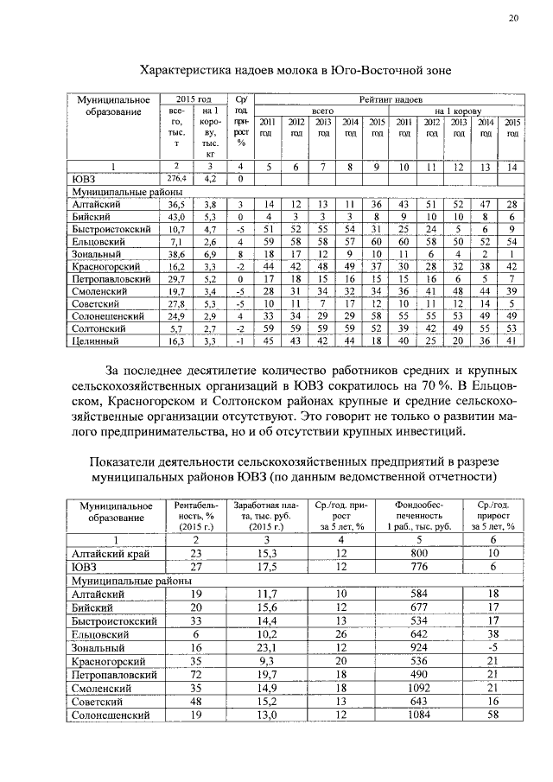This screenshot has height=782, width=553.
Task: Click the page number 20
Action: pos(513,18)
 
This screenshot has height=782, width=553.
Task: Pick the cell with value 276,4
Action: pos(176,179)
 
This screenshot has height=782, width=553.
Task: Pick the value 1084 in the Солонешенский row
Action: pos(420,715)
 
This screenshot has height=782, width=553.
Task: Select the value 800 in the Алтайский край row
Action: pos(420,553)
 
